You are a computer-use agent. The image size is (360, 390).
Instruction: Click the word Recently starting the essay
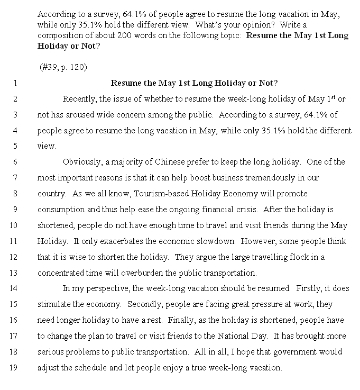[x=79, y=99]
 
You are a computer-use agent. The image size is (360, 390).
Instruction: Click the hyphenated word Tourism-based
[x=162, y=194]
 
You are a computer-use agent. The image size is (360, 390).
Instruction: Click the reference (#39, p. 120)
[x=63, y=68]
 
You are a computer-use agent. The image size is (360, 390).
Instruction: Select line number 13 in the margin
[x=14, y=273]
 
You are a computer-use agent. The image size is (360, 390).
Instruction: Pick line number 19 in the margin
[x=14, y=368]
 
